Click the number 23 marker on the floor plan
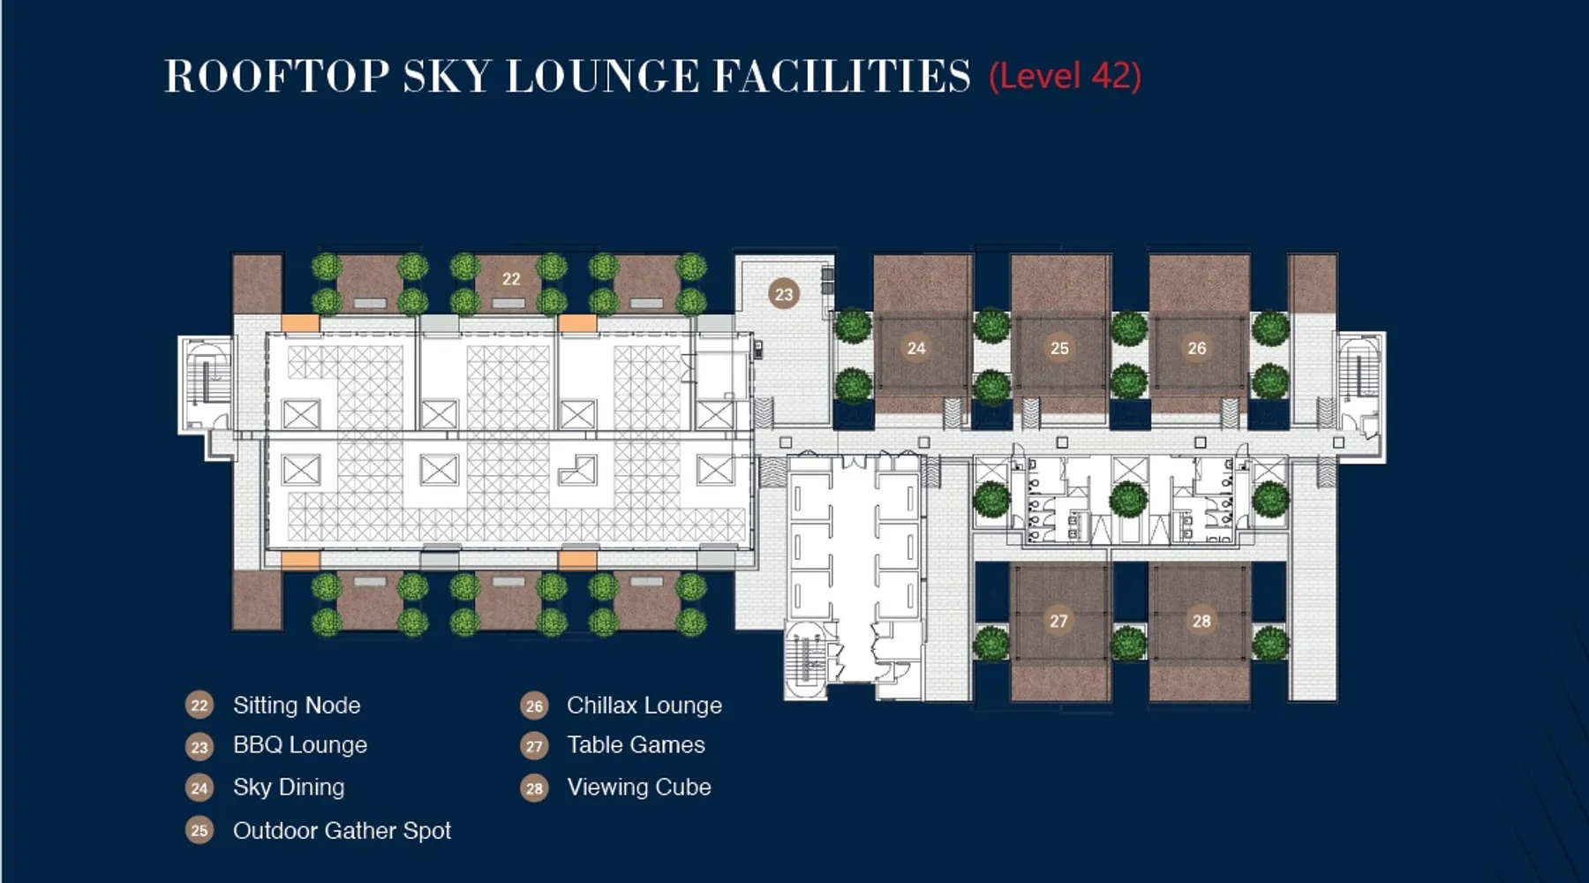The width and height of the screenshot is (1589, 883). pos(784,294)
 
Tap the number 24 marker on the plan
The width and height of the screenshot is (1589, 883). pos(916,348)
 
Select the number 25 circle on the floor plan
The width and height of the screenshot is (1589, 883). pos(1059,348)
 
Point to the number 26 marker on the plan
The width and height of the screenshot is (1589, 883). pos(1197,348)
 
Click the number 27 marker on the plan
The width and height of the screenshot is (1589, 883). pos(1058,621)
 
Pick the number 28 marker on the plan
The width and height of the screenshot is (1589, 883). pos(1201,621)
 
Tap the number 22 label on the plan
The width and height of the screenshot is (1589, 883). pos(511,279)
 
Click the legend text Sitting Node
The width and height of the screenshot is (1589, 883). pos(297,706)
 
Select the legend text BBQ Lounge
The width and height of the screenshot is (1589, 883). pos(300,745)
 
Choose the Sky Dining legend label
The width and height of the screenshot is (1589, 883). pos(289,788)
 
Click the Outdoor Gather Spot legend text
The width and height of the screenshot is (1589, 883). pos(342,831)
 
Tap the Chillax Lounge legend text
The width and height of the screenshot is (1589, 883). pos(644,706)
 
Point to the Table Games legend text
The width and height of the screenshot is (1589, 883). pos(636,745)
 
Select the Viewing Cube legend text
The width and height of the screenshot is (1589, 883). pos(639,788)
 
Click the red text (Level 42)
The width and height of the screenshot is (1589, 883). pos(1065,76)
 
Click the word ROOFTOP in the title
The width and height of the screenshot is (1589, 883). pos(277,76)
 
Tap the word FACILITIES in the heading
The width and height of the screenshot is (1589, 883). pos(841,76)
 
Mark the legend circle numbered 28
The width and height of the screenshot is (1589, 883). pos(534,788)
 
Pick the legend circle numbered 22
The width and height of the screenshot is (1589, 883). pos(200,706)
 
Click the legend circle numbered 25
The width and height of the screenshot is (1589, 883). pos(200,831)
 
